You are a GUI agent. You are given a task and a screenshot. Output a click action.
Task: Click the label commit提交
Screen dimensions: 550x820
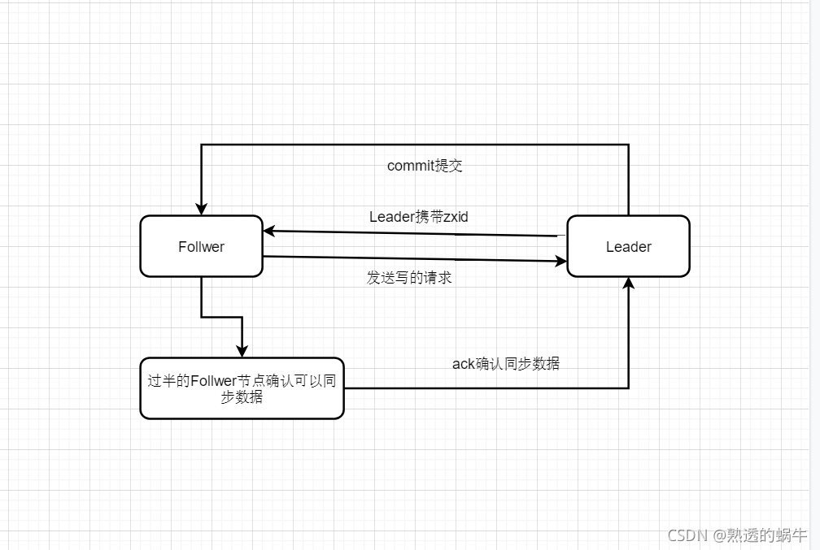425,166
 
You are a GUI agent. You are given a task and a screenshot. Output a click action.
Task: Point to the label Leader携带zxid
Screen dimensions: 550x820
418,217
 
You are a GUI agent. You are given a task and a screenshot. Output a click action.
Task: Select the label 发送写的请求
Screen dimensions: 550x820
409,278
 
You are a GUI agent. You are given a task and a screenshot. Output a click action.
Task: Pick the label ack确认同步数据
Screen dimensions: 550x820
505,364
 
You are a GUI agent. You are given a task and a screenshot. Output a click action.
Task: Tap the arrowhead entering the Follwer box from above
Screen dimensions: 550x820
201,208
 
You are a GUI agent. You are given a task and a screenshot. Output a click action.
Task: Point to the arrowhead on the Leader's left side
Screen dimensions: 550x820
560,262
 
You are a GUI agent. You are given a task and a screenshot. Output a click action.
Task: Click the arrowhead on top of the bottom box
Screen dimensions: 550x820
242,350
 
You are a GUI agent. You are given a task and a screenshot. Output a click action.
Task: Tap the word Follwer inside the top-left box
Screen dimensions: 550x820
201,247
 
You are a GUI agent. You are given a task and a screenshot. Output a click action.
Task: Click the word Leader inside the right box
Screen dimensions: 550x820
628,247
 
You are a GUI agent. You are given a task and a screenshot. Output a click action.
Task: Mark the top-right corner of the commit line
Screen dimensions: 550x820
628,145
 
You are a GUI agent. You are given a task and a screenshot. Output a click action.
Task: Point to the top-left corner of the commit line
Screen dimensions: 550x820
201,145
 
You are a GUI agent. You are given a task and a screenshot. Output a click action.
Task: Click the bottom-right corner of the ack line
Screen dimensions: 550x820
628,388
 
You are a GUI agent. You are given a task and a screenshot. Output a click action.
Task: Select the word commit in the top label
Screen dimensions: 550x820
411,166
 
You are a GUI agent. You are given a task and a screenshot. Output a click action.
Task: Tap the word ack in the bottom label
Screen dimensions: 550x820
463,364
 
